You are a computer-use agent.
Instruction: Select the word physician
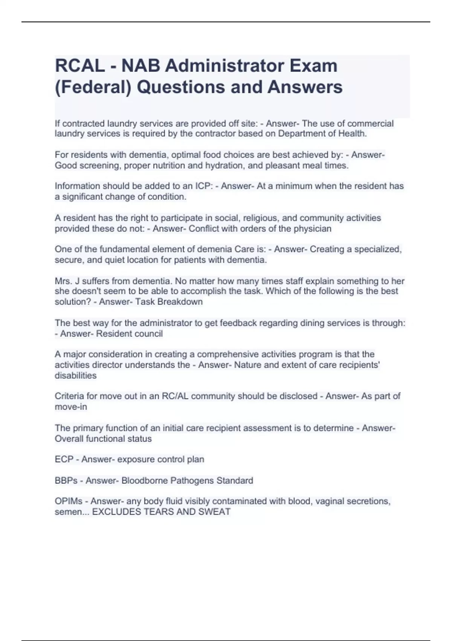coord(312,229)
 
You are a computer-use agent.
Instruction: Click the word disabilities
coord(76,376)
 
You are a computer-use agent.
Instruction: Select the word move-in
coord(71,407)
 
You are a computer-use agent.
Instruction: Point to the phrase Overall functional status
coord(103,439)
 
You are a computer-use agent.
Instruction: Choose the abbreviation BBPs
coord(66,481)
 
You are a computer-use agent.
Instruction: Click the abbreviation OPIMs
coord(69,501)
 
